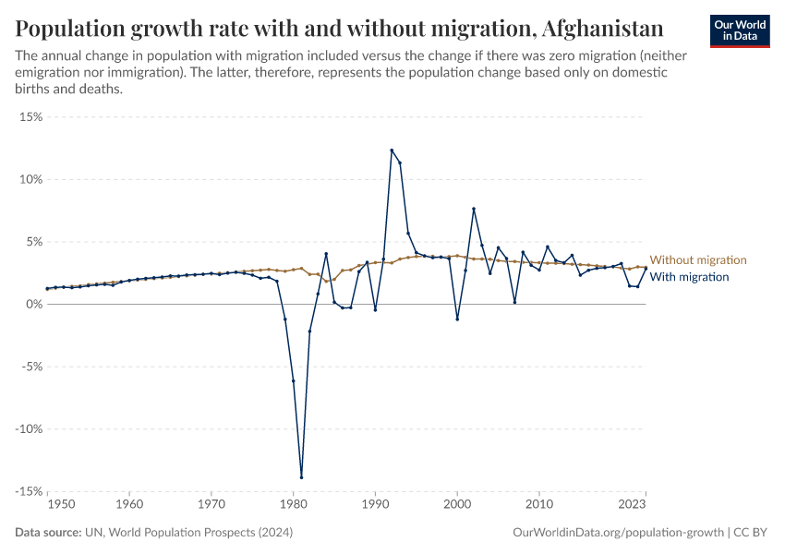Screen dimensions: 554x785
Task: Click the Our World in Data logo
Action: (x=739, y=30)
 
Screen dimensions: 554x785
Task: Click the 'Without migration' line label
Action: (x=697, y=260)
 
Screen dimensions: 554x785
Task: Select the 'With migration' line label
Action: (x=689, y=277)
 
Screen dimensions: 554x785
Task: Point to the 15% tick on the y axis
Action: (x=31, y=117)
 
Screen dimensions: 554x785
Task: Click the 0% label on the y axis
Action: (x=34, y=304)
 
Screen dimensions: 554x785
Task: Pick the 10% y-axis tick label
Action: (x=31, y=179)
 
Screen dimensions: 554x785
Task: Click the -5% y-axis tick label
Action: (x=31, y=367)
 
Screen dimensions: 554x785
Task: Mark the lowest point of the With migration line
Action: (x=301, y=476)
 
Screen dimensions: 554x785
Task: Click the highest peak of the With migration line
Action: (x=392, y=150)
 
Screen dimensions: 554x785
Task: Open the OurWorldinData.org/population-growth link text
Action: (x=617, y=534)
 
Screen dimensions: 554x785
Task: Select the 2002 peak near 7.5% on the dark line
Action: (x=474, y=209)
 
